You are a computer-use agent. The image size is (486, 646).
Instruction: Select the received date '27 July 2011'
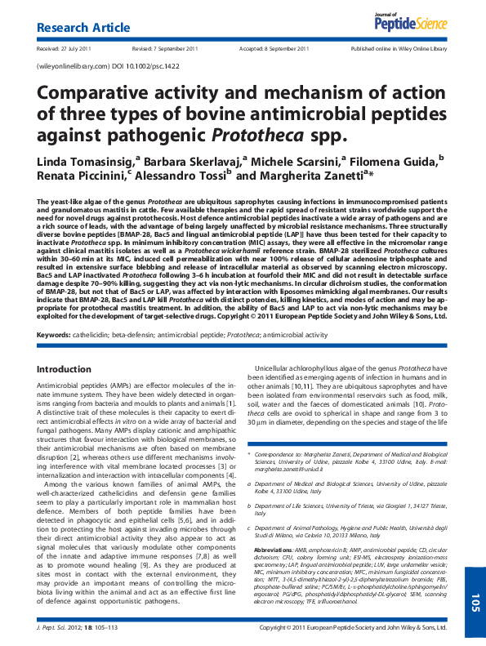click(78, 49)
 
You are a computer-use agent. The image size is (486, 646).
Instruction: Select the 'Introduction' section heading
click(65, 370)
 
